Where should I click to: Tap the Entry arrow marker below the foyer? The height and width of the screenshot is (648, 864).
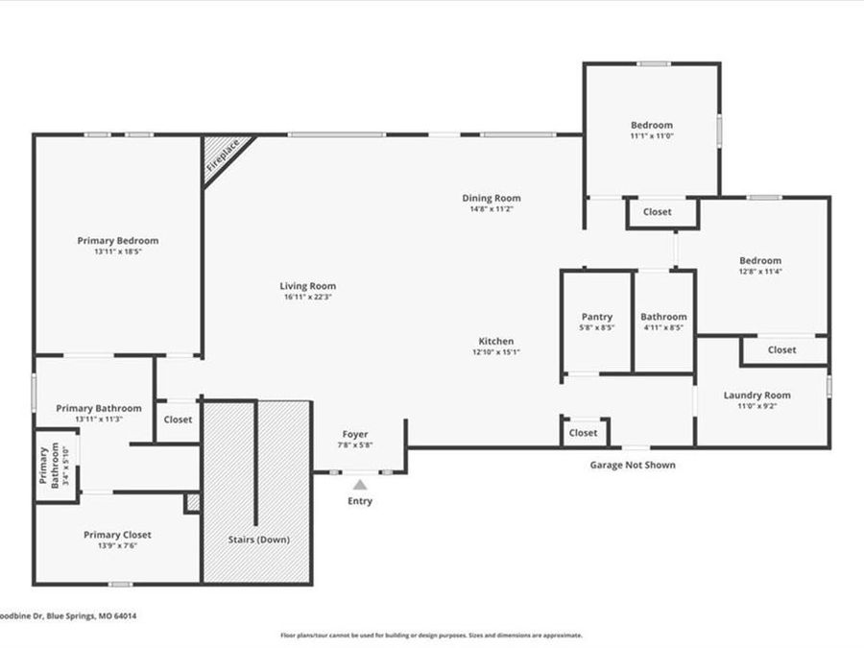359,485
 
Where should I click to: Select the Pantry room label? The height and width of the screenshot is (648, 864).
596,317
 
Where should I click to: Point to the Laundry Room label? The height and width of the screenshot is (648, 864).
756,395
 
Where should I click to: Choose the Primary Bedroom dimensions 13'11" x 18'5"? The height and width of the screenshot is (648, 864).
118,252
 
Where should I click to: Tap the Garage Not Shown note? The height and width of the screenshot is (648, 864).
632,465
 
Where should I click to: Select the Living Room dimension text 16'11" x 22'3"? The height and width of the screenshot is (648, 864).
307,297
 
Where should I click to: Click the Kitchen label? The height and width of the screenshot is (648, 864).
496,341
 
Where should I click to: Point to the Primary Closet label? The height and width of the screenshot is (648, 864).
117,535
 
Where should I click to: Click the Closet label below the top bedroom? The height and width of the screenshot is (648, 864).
658,211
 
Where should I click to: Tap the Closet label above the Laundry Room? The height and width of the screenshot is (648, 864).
781,349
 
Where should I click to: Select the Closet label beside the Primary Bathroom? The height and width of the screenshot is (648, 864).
178,420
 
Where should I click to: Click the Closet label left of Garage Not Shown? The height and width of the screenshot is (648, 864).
583,433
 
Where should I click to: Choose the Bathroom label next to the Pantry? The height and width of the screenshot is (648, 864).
663,317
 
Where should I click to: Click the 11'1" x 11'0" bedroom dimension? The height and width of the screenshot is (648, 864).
651,136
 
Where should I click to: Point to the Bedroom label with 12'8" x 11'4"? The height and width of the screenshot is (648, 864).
759,260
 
